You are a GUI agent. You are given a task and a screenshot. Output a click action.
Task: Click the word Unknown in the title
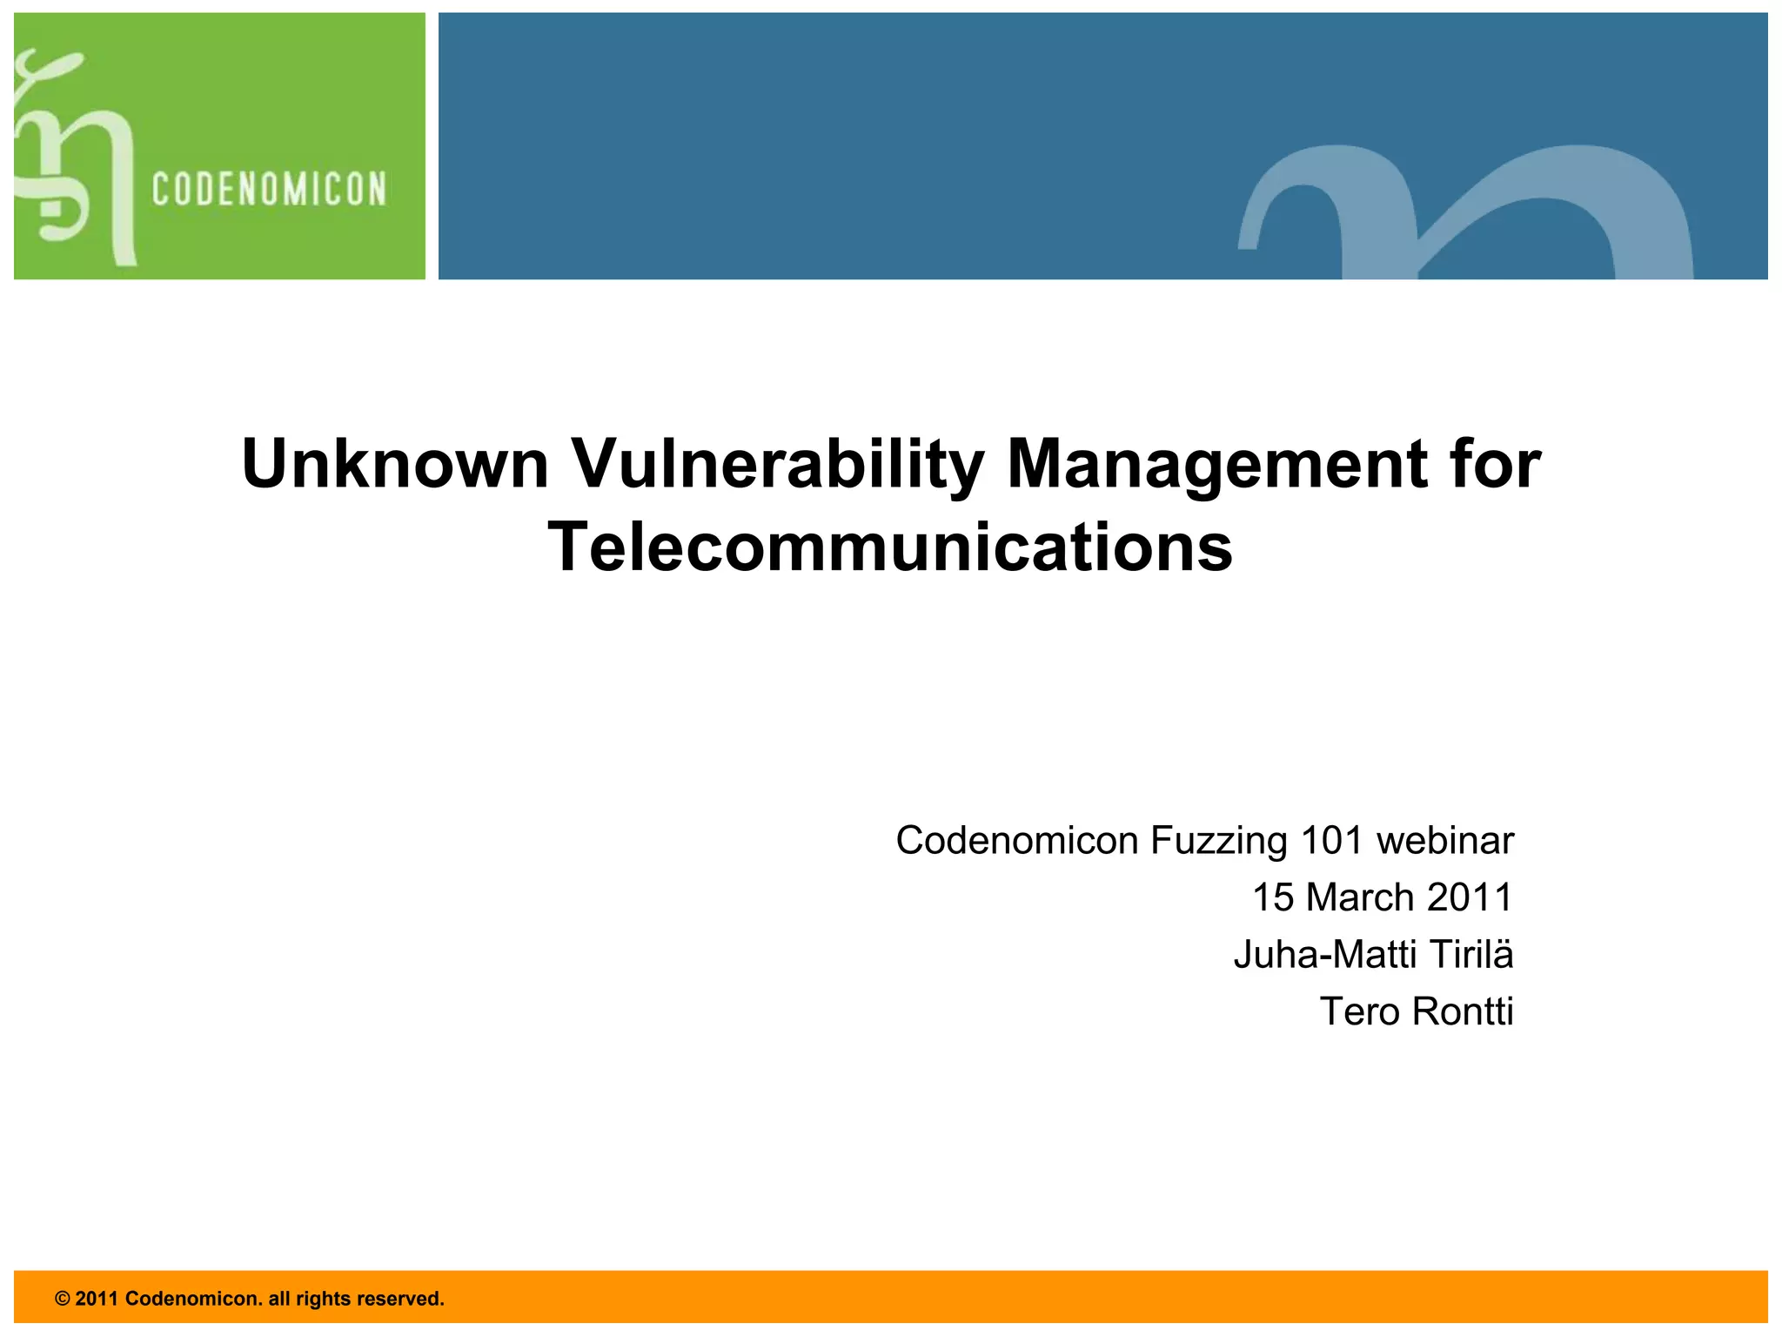coord(395,464)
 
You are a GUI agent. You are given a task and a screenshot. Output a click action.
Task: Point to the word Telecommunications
coord(890,548)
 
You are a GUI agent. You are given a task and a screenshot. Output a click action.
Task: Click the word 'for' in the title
coord(1495,464)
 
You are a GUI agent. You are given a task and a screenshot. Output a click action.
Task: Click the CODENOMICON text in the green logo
coord(269,190)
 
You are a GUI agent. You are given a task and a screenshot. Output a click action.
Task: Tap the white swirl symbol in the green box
coord(74,161)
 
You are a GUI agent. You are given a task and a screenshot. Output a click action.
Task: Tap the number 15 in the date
coord(1273,897)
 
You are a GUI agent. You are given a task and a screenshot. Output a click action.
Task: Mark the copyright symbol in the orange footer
coord(62,1299)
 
